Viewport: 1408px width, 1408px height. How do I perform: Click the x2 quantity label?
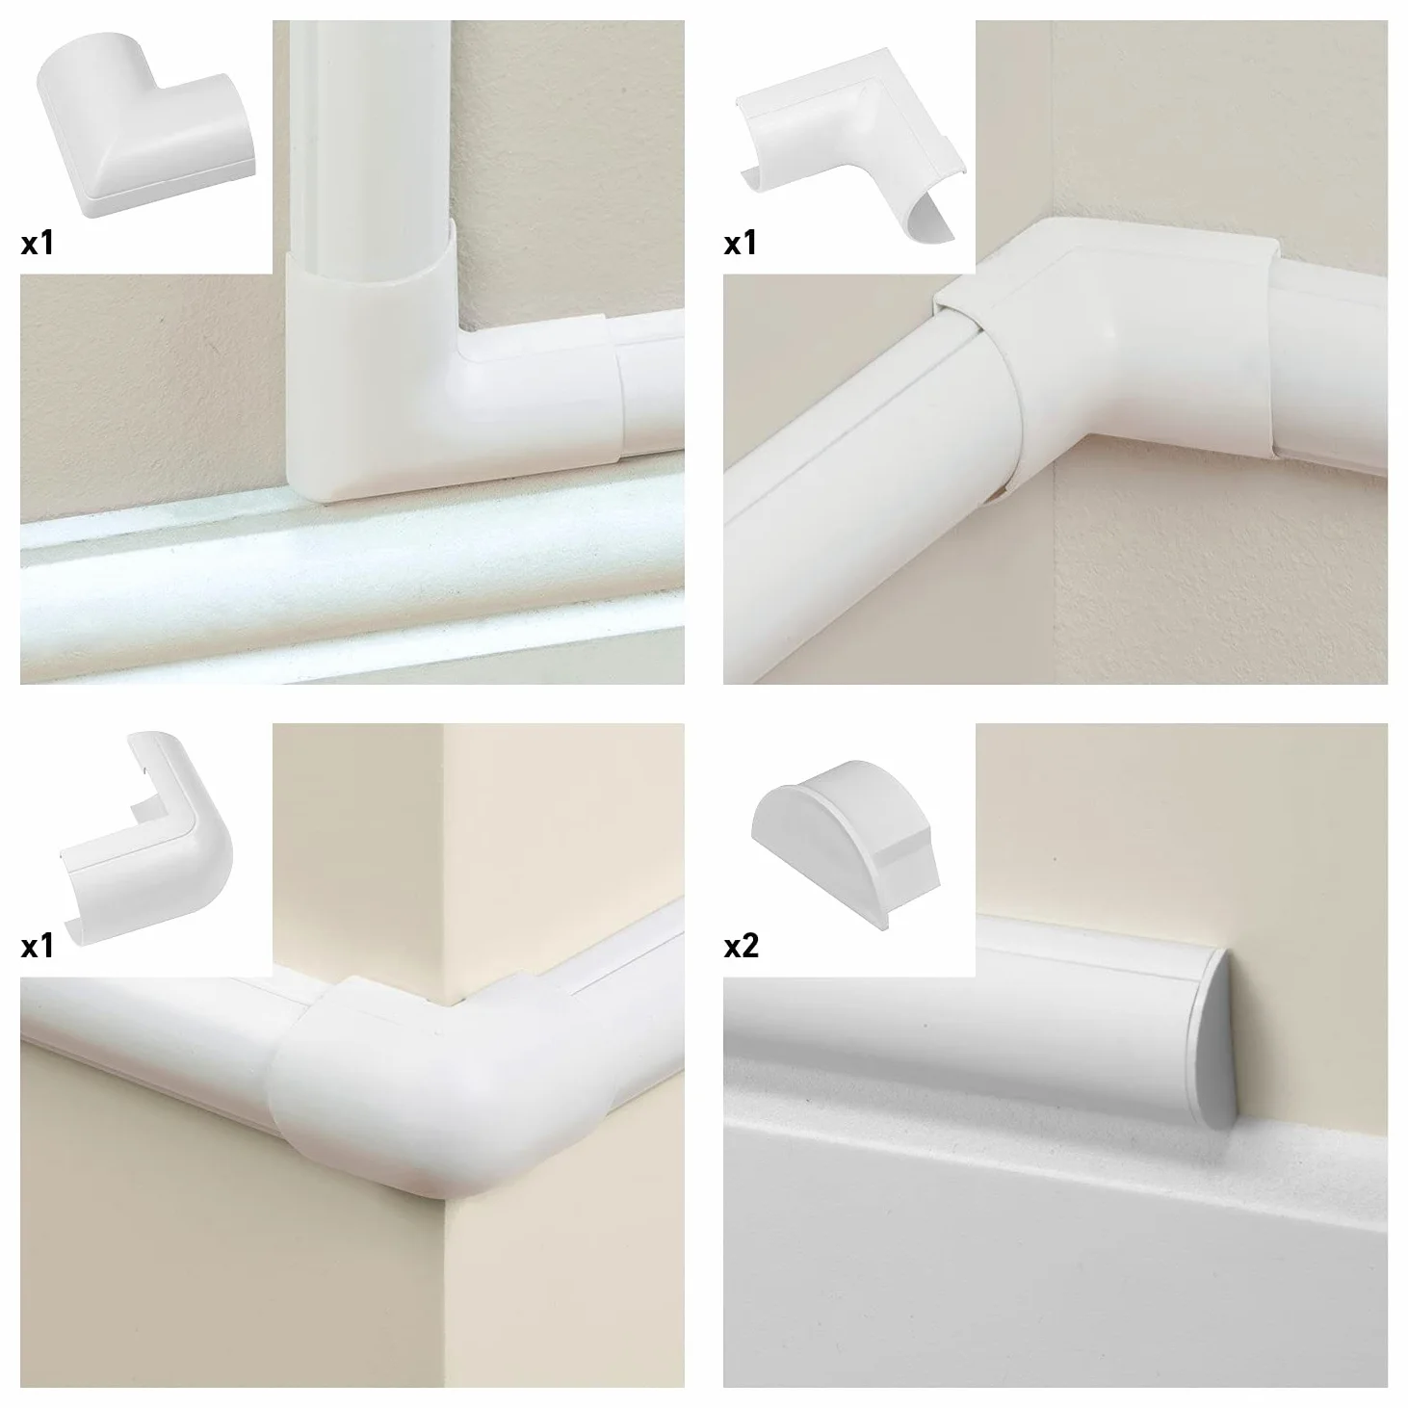[x=741, y=947]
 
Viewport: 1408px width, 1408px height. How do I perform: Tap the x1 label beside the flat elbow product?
[x=38, y=243]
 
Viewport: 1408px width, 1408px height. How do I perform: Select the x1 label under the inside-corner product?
[x=741, y=243]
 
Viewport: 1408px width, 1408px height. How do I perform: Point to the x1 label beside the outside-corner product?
[x=38, y=947]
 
